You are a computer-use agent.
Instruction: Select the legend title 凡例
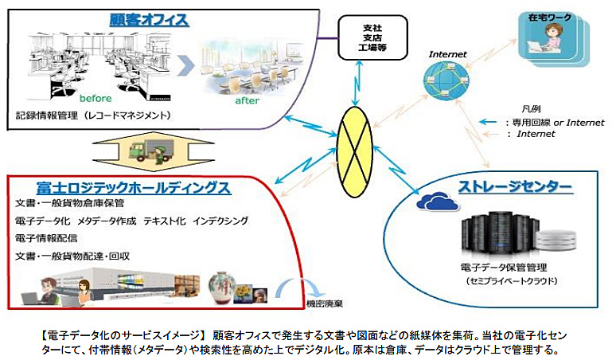click(532, 108)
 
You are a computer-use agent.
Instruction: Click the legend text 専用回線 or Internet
click(556, 123)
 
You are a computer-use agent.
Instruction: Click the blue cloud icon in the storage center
click(435, 202)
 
